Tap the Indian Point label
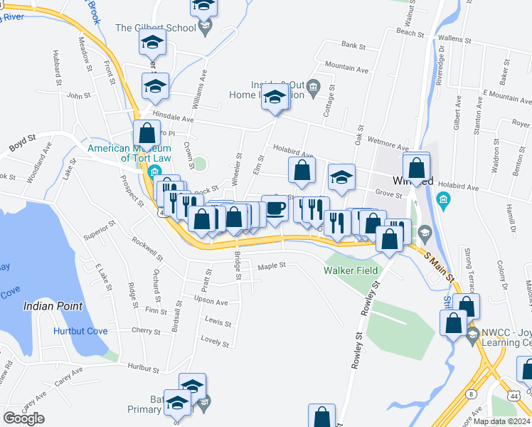(x=53, y=306)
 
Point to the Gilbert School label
(x=155, y=28)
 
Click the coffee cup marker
(x=275, y=208)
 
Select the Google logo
(x=23, y=418)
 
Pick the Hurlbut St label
(x=143, y=368)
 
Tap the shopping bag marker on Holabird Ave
(x=302, y=169)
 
